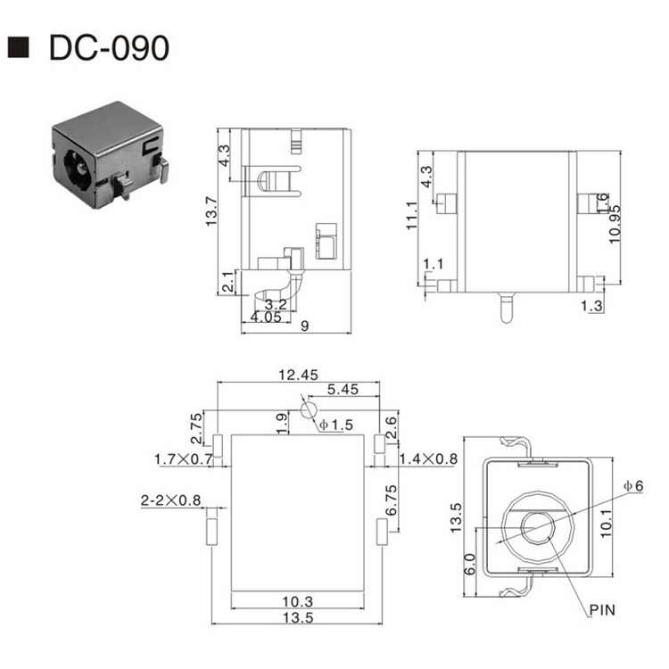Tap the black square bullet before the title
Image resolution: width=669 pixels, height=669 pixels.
coord(18,48)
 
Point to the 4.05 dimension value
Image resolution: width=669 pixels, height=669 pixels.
coord(265,317)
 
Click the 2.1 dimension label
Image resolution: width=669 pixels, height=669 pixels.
coord(228,282)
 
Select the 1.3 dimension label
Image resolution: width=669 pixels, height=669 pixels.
coord(591,306)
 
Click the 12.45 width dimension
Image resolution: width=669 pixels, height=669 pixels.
coord(297,375)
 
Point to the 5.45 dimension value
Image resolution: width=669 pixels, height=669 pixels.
coord(343,390)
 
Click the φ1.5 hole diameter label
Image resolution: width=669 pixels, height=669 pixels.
coord(335,425)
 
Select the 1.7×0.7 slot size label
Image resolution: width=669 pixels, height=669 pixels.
coord(183,459)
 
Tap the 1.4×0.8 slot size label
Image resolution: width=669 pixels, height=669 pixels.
coord(427,458)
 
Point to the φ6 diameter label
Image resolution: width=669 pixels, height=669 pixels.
coord(632,485)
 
